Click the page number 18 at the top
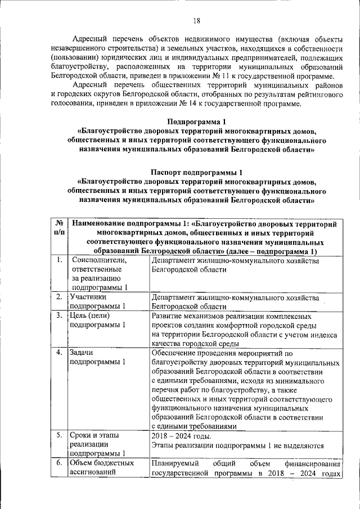point(196,21)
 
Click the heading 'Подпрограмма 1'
point(196,122)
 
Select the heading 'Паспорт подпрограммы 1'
point(196,172)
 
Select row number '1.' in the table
point(59,260)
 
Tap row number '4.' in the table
point(59,353)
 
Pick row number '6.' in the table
point(59,463)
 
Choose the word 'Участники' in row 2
point(88,297)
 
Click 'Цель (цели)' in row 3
point(89,316)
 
